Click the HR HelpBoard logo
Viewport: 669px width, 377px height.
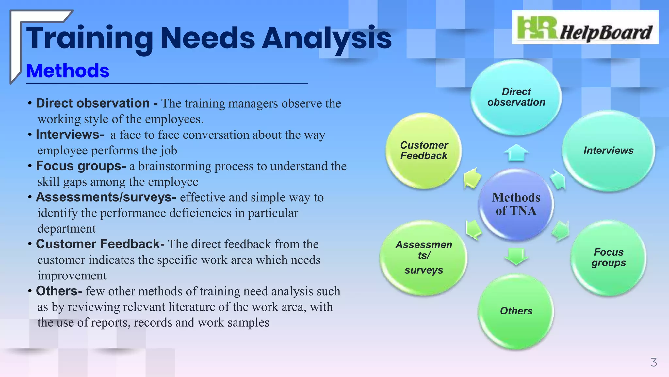tap(585, 27)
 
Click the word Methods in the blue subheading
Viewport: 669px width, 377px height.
tap(68, 71)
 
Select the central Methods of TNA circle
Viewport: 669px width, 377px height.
tap(516, 204)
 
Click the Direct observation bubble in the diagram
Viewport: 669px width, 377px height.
tap(516, 97)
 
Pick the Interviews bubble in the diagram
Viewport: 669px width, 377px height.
tap(608, 151)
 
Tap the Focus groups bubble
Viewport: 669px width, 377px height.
tap(608, 258)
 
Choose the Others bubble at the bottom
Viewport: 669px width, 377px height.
tap(516, 311)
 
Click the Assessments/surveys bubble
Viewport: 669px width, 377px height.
tap(424, 258)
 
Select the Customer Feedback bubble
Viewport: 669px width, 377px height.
tap(424, 151)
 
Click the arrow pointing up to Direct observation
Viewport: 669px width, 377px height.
tap(516, 153)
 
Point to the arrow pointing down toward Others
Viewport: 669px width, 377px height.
tap(516, 256)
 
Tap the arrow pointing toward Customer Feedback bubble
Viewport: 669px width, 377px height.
tap(472, 178)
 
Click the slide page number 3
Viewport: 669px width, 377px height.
tap(653, 362)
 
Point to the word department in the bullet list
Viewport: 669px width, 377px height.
tap(67, 228)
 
